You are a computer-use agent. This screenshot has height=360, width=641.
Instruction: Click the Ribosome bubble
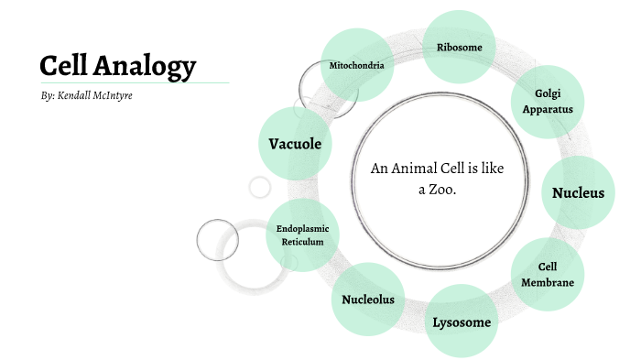click(460, 48)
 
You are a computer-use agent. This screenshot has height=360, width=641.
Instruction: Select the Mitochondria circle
click(356, 66)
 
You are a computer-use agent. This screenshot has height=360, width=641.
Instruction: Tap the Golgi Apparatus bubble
click(548, 102)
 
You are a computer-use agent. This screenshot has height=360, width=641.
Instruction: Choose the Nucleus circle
click(578, 192)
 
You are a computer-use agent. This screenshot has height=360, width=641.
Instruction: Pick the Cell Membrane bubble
click(548, 274)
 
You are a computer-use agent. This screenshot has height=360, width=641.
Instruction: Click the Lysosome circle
click(462, 322)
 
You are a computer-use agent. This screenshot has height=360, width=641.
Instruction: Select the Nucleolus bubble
click(368, 300)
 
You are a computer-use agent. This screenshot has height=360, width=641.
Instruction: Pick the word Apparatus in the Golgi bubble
click(548, 110)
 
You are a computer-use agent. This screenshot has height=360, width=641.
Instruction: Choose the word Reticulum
click(302, 241)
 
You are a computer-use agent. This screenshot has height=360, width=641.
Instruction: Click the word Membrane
click(548, 282)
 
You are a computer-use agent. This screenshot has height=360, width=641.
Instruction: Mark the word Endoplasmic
click(302, 227)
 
